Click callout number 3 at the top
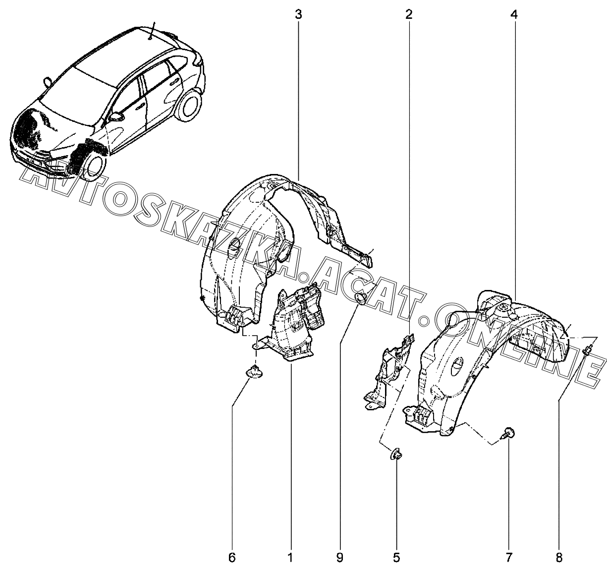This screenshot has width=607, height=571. click(298, 15)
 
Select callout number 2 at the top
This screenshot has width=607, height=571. click(408, 15)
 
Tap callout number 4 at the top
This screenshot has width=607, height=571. click(514, 15)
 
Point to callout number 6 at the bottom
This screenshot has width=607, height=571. click(232, 558)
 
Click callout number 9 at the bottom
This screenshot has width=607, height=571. click(339, 558)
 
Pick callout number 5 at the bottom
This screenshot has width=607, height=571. click(396, 558)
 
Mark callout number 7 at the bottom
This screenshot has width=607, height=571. click(509, 558)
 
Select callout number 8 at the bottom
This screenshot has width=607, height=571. click(559, 558)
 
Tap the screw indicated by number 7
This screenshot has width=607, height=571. click(508, 434)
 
